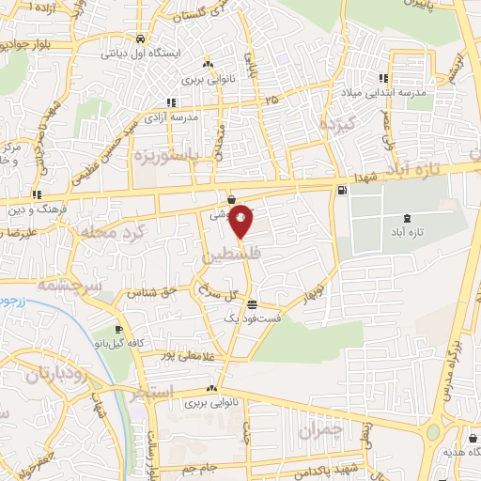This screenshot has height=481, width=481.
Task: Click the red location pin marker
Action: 241,220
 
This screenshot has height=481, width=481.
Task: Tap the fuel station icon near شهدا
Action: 339,191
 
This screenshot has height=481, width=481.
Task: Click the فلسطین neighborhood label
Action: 230,255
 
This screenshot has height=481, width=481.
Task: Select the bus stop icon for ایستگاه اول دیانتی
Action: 140,39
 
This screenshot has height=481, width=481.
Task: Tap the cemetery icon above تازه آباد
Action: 406,217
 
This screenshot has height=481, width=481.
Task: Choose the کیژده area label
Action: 335,123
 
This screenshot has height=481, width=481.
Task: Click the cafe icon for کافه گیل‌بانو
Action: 118,330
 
